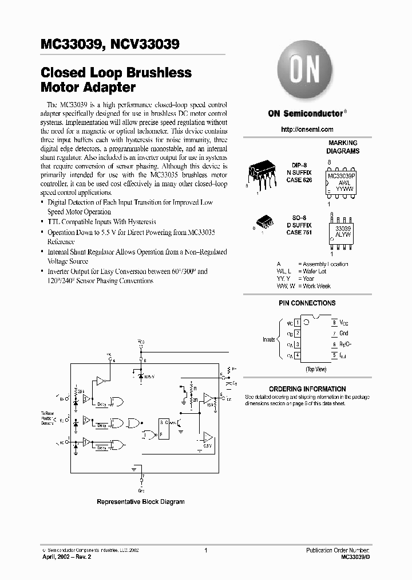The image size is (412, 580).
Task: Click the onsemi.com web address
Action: [x=307, y=130]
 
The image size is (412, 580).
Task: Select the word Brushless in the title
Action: [x=155, y=73]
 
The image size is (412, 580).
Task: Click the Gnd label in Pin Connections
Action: [x=344, y=333]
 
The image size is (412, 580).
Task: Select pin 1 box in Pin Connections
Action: [x=297, y=323]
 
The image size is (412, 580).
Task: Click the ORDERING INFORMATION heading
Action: [x=307, y=389]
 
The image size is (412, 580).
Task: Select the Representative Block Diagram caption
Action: [x=141, y=501]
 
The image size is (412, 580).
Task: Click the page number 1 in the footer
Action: [x=205, y=550]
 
